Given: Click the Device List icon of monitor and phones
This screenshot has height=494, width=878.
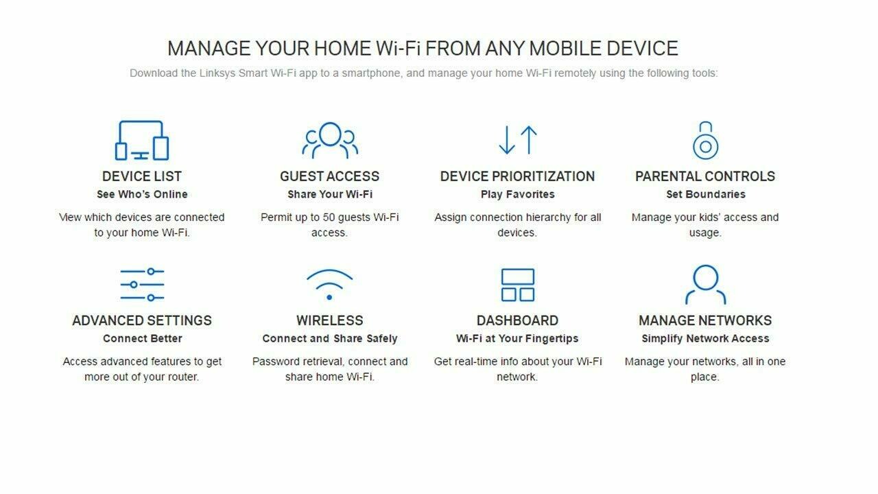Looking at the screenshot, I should [142, 141].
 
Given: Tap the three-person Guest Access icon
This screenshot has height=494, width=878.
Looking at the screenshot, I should [330, 140].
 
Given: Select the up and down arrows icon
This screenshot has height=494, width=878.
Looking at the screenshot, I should [518, 140].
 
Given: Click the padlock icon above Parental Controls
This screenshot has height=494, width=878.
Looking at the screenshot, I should [705, 141].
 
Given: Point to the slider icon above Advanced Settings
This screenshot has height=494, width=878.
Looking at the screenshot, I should [142, 285].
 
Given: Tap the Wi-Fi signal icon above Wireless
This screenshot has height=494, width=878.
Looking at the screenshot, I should [330, 285].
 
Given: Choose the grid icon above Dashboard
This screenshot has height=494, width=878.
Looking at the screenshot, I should [518, 285].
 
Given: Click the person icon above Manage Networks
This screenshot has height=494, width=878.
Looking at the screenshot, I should [705, 285].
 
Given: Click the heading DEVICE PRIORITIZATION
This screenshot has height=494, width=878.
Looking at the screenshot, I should [517, 176].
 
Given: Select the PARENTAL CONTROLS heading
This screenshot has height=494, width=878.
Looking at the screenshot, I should [705, 176].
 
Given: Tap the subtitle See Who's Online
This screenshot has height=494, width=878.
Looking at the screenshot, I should [142, 194].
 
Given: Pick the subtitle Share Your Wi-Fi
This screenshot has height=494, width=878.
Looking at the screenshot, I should [330, 194].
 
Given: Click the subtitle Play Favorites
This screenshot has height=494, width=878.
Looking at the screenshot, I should [518, 194].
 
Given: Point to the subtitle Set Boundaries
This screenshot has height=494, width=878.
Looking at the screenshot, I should [706, 194].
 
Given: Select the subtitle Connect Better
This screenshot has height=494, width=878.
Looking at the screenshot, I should [143, 338].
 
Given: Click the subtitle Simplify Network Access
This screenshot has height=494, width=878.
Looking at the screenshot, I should [705, 338].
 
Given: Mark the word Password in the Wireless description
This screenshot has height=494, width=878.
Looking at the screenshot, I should [275, 362].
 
